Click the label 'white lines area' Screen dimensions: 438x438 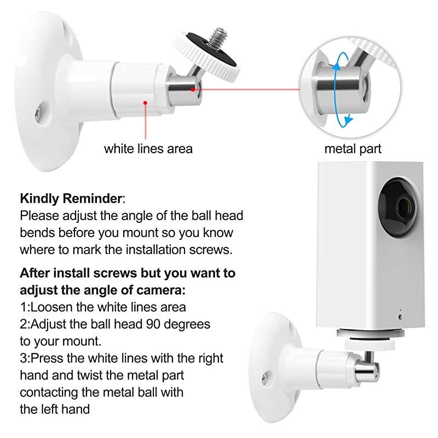pos(148,148)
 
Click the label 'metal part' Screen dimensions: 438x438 pos(353,148)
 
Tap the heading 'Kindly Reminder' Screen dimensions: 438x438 pos(72,198)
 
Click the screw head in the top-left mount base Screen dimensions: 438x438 pos(37,113)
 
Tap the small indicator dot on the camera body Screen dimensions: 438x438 pos(400,316)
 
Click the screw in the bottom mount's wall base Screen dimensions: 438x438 pos(264,377)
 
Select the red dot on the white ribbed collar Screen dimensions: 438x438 pos(145,101)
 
